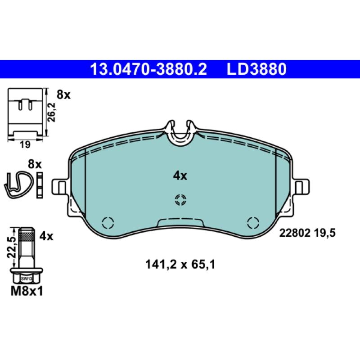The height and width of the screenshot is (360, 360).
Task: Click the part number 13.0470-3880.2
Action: click(148, 69)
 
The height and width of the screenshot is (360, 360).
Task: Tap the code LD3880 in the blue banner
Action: click(256, 69)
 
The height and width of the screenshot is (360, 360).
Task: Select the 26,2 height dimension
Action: click(51, 112)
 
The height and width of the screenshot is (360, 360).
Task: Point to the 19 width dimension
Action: click(25, 144)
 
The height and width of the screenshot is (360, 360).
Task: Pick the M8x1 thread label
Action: click(27, 292)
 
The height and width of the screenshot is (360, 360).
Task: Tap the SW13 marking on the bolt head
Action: click(27, 279)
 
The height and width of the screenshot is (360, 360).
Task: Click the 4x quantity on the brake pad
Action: click(180, 176)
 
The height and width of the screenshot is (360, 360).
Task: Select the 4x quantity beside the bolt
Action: click(46, 236)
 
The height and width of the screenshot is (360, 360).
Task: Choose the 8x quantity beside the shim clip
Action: click(63, 94)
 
